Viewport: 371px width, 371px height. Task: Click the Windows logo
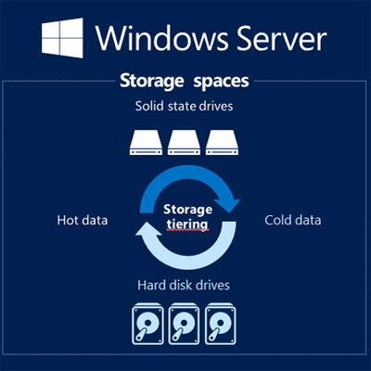(x=62, y=38)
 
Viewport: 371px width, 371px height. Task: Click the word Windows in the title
(x=163, y=38)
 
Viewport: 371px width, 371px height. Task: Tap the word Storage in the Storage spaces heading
(x=152, y=82)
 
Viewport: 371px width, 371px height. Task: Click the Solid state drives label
(x=184, y=106)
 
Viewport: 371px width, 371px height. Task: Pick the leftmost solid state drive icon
(x=146, y=142)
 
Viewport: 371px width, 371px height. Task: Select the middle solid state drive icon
(x=184, y=142)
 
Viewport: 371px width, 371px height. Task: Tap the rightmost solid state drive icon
(x=222, y=142)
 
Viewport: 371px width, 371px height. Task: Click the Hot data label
(x=83, y=220)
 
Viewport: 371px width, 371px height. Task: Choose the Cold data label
(x=292, y=220)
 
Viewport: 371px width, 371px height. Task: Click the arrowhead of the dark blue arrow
(x=228, y=204)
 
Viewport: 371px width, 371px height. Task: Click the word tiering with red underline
(x=187, y=224)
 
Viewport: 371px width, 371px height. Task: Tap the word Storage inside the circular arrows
(x=187, y=211)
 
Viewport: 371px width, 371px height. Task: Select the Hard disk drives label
(x=184, y=285)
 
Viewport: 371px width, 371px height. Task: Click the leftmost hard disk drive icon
(x=147, y=324)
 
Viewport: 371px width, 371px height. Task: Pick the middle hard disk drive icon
(x=185, y=324)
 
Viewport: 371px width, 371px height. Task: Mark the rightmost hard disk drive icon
(x=221, y=324)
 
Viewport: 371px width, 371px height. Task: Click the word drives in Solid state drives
(x=216, y=106)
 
